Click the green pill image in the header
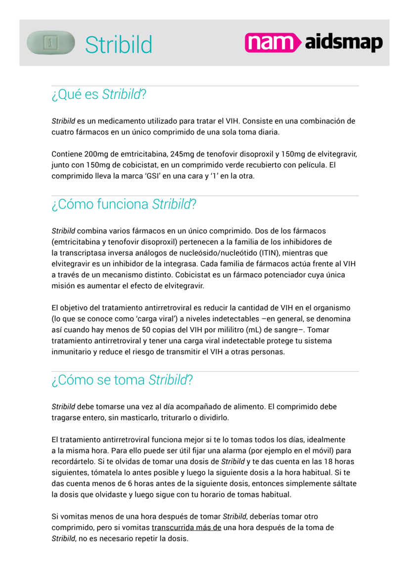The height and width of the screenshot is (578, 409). (50, 43)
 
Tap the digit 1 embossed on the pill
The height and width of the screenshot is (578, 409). (51, 43)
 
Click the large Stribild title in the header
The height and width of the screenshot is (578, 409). (118, 45)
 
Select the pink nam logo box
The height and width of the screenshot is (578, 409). (272, 43)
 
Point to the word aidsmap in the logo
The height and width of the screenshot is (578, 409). (344, 43)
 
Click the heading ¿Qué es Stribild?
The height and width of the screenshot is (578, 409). (98, 94)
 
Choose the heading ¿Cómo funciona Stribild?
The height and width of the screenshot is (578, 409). (124, 204)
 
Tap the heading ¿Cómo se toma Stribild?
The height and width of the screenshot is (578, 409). (122, 380)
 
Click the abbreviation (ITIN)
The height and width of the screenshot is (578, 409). (271, 253)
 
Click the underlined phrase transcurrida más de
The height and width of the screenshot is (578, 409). (186, 527)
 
